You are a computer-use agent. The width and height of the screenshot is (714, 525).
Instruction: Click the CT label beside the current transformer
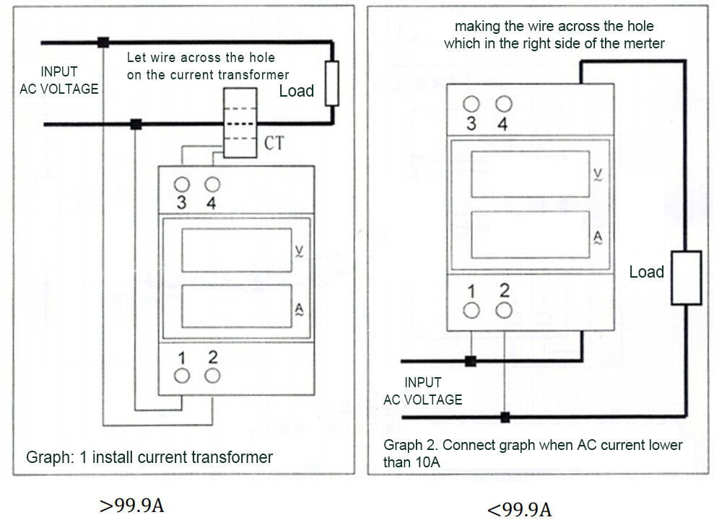pyautogui.click(x=274, y=144)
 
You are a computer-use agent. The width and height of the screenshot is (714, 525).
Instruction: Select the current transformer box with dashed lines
pyautogui.click(x=240, y=123)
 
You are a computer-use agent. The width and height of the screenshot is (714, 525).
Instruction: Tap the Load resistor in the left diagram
pyautogui.click(x=332, y=83)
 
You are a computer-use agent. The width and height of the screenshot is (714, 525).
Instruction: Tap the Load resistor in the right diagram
pyautogui.click(x=686, y=278)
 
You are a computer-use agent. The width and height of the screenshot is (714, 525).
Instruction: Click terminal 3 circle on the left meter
pyautogui.click(x=181, y=185)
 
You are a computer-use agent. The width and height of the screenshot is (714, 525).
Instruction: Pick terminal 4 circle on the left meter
pyautogui.click(x=212, y=185)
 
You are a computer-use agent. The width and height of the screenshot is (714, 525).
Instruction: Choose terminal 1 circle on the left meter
pyautogui.click(x=182, y=376)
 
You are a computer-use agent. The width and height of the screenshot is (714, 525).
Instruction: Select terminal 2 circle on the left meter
pyautogui.click(x=212, y=376)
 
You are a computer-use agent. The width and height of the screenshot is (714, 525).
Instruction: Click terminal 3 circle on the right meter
pyautogui.click(x=471, y=104)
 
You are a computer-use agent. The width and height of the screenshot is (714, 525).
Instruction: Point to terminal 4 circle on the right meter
pyautogui.click(x=503, y=104)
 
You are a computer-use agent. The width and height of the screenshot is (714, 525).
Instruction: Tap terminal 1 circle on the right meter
pyautogui.click(x=471, y=310)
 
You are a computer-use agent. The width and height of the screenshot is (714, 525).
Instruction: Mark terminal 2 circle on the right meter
pyautogui.click(x=504, y=310)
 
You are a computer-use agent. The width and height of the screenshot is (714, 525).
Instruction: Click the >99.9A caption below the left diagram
pyautogui.click(x=131, y=506)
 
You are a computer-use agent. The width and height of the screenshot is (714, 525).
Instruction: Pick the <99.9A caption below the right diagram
pyautogui.click(x=519, y=510)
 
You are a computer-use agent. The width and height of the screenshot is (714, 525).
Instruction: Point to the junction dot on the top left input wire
pyautogui.click(x=103, y=43)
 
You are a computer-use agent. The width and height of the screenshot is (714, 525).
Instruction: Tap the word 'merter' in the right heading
pyautogui.click(x=644, y=43)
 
